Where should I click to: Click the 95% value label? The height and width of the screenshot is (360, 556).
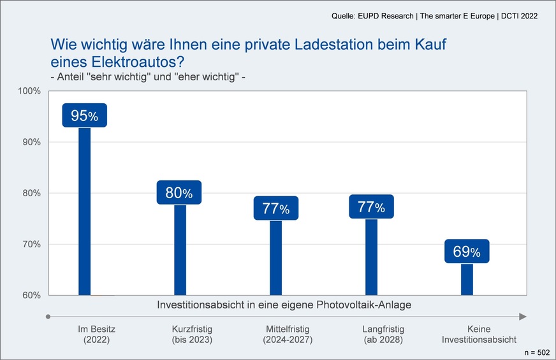tap(84, 115)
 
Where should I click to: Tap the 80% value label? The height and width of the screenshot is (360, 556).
tap(179, 192)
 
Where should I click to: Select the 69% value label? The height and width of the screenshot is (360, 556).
tap(467, 252)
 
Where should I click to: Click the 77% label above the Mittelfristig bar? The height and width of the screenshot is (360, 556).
tap(275, 208)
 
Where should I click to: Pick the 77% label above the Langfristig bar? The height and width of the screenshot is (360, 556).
tap(371, 207)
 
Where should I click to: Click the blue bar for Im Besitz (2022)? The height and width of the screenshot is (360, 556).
tap(84, 210)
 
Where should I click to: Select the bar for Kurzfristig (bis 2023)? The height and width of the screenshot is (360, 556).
tap(180, 249)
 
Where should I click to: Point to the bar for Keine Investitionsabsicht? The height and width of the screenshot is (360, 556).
tap(467, 279)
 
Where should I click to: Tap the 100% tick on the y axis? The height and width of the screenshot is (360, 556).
tap(29, 91)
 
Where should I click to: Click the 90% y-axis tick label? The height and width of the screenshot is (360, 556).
tap(31, 142)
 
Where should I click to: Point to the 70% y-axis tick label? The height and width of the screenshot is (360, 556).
tap(31, 244)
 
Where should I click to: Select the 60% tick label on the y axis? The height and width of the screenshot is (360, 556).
tap(31, 295)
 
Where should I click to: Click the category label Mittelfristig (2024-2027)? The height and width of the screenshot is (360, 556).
tap(288, 335)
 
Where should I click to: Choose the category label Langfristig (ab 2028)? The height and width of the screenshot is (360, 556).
tap(383, 335)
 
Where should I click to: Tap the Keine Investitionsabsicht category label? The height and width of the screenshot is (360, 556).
tap(479, 335)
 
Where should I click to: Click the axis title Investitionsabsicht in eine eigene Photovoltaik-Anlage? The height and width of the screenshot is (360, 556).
tap(284, 305)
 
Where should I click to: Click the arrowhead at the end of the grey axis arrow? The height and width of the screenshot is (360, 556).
tap(523, 317)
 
